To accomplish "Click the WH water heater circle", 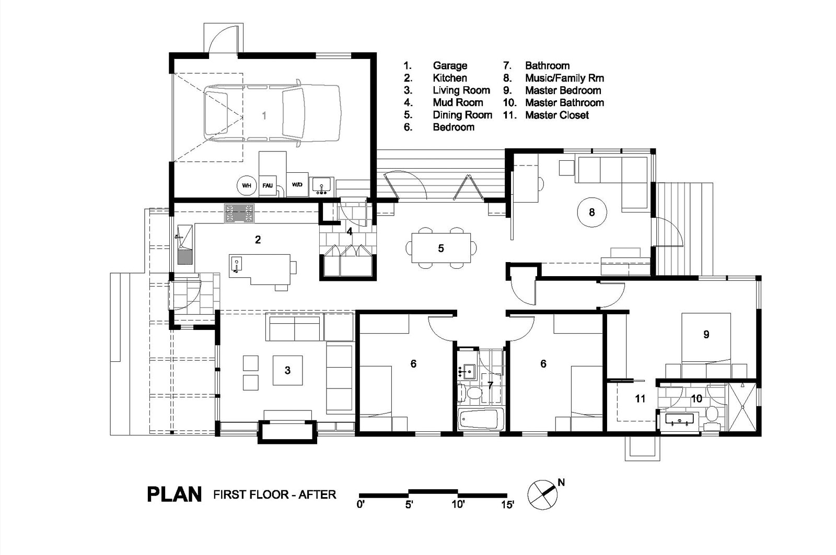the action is coord(247,185).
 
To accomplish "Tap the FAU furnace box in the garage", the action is coord(268,185).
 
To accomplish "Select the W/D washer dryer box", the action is coord(297,184).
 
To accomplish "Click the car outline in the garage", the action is coord(272,113).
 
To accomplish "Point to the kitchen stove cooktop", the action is coord(239,214).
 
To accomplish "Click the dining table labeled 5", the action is coord(441,248).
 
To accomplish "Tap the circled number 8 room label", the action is coord(592,212).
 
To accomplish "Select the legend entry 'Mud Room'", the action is coord(458,102).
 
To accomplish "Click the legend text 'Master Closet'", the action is coord(557,115).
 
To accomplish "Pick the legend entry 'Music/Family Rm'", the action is coord(564,78).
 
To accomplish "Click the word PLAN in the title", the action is coord(175,494).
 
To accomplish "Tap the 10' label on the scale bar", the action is coord(458,505).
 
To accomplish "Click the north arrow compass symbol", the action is coord(543,494).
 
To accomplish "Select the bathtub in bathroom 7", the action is coord(481,419).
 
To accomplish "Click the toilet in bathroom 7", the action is coord(471,393).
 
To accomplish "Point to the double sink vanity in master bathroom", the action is coord(680,419).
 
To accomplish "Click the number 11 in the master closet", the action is coord(640,399).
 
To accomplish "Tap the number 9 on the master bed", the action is coord(706,335).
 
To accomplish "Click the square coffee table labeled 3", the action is coord(287,370).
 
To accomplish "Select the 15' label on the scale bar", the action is coord(507,505).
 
